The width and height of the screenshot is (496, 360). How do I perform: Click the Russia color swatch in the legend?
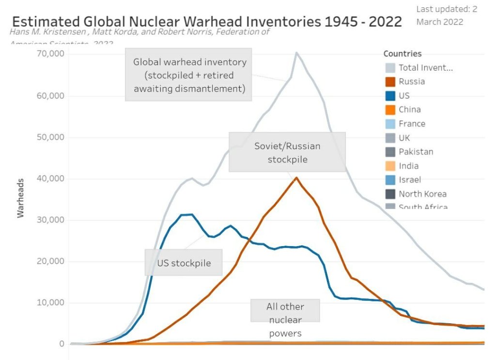(x=390, y=81)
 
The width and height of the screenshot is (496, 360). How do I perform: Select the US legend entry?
(x=404, y=95)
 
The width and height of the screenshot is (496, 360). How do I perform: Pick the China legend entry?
(x=409, y=110)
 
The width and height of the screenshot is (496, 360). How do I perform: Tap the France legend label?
(x=412, y=124)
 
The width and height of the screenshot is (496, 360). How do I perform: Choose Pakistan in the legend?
(x=416, y=152)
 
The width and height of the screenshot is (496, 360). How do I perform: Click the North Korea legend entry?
(x=422, y=194)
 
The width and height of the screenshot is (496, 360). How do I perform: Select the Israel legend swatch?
(x=390, y=180)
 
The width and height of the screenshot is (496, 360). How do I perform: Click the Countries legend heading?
(x=402, y=54)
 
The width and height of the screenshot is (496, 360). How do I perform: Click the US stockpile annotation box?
(x=184, y=263)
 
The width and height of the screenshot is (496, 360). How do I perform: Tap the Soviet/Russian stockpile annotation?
(x=287, y=152)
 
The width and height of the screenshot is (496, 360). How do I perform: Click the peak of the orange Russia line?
(x=296, y=177)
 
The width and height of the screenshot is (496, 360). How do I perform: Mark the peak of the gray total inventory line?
(x=296, y=52)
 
